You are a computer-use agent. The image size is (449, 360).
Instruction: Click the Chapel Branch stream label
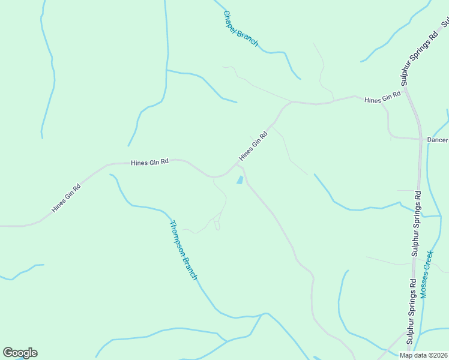[x=240, y=28]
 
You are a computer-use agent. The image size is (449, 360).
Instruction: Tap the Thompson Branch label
[x=183, y=250]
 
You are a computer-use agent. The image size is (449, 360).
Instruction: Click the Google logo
[x=20, y=353]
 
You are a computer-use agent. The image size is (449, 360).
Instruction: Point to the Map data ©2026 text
[x=424, y=355]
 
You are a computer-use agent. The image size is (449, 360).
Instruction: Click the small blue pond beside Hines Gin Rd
[x=240, y=180]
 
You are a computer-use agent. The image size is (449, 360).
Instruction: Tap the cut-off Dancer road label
[x=438, y=140]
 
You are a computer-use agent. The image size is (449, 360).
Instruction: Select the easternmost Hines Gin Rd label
[x=382, y=98]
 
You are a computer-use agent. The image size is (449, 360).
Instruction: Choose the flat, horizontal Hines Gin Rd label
[x=149, y=162]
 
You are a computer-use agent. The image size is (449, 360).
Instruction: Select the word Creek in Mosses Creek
[x=428, y=263]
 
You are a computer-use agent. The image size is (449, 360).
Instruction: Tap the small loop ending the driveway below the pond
[x=217, y=225]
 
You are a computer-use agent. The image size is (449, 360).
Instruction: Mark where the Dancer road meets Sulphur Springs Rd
[x=420, y=139]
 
